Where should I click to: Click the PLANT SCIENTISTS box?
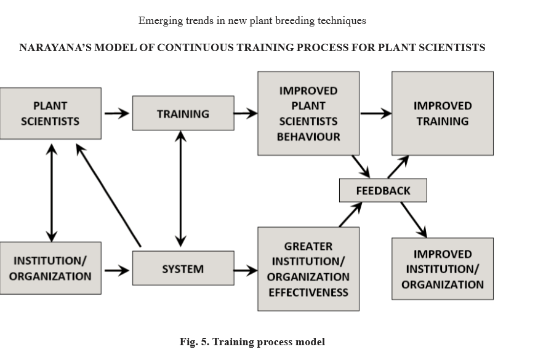coord(50,113)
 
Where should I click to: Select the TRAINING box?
coord(183,113)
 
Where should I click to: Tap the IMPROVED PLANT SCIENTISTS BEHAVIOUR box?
coord(308,113)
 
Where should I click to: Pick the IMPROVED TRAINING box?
coord(442,113)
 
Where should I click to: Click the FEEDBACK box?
coord(382,190)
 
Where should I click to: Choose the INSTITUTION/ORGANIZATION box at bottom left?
coord(50,268)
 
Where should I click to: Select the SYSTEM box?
coord(183,268)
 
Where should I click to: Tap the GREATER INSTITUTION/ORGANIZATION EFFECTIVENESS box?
coord(308,269)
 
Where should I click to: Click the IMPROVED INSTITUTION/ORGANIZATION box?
coord(442,269)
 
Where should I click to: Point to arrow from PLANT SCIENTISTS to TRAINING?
coord(116,113)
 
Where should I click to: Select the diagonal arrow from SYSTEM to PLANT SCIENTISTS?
coord(108,194)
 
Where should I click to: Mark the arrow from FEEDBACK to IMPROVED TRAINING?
coord(398,167)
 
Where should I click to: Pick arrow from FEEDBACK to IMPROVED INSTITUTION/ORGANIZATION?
coord(413,219)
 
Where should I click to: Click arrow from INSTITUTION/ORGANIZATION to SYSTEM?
coord(116,270)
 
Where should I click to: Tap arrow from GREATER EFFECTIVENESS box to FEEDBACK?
coord(350,214)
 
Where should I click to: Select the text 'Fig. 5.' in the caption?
coord(195,342)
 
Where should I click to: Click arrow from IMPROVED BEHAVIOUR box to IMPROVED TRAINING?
coord(375,113)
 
